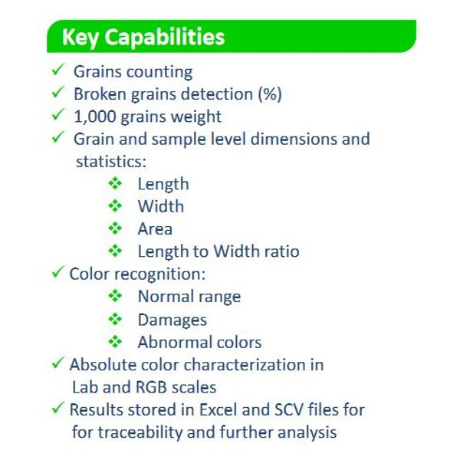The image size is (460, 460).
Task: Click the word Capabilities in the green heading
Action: tap(165, 38)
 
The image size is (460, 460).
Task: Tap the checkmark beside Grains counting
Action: tap(58, 69)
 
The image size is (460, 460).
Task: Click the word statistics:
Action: tap(111, 161)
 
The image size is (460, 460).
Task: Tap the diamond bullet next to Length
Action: tap(115, 184)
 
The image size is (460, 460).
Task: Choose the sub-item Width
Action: tap(161, 206)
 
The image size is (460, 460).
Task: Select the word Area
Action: tap(155, 228)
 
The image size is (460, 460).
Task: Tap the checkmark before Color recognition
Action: tap(58, 271)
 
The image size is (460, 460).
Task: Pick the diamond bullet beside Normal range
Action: tap(115, 296)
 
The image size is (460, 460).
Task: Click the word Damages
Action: tap(172, 320)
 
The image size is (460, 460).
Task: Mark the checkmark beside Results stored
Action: tap(58, 408)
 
